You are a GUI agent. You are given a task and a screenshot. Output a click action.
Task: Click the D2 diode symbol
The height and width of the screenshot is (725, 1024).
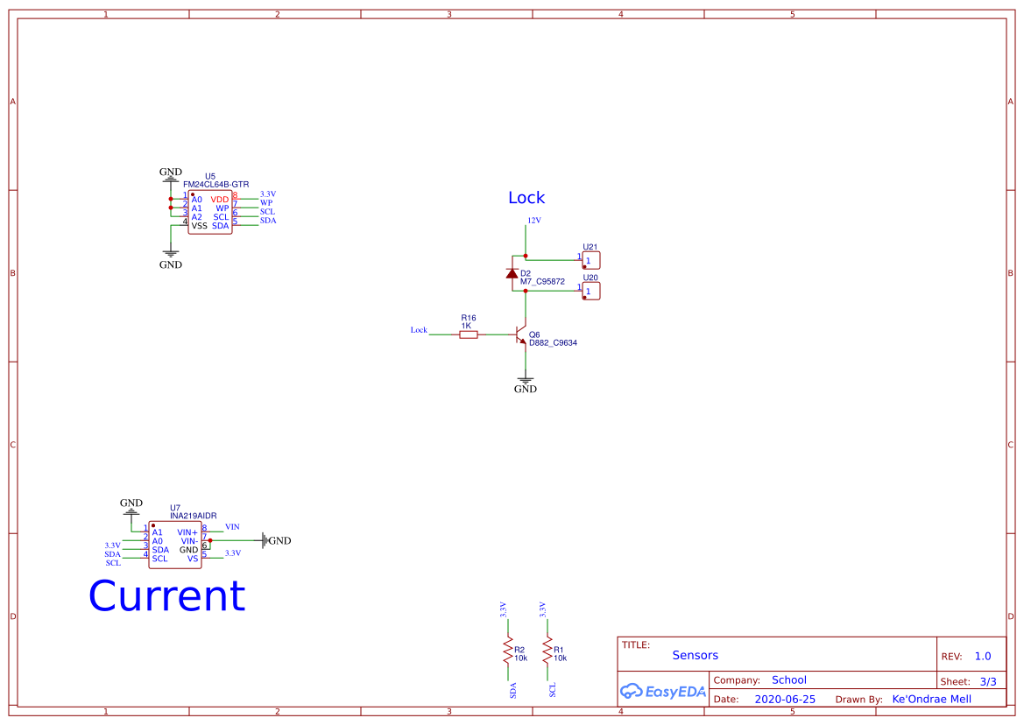[512, 273]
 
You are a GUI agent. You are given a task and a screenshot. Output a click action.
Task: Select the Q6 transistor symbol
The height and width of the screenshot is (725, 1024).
[521, 334]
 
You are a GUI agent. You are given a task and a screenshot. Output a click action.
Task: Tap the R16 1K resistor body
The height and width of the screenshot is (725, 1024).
[469, 334]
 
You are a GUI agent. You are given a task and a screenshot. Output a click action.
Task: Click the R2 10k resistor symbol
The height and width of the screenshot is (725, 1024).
[506, 651]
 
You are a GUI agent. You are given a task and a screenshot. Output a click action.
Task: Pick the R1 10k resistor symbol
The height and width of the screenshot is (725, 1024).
[547, 651]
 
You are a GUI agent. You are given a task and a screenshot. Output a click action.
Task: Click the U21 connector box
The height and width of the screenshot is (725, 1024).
[591, 260]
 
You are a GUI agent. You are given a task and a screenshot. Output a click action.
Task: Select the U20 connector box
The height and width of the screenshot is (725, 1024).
[591, 291]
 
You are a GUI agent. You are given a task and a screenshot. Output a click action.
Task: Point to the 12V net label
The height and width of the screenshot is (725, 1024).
[533, 221]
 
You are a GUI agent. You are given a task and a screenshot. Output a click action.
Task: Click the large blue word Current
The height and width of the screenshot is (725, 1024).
[166, 596]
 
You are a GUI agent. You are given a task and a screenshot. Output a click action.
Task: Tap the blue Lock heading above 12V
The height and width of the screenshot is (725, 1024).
[526, 198]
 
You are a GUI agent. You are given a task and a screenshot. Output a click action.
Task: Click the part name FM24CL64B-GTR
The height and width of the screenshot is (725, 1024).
[215, 185]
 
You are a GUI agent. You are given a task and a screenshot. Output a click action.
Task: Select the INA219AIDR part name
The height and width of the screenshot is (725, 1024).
[193, 516]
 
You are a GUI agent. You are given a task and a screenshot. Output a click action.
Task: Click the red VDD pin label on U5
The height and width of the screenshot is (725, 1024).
[219, 200]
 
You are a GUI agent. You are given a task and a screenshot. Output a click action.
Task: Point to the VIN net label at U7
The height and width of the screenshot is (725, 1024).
[232, 527]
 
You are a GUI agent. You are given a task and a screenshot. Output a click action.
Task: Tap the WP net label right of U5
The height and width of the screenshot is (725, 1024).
[266, 203]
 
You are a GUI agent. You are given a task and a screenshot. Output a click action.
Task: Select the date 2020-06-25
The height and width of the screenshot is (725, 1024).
[785, 700]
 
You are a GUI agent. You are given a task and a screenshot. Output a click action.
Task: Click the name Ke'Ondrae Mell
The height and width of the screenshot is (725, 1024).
[931, 700]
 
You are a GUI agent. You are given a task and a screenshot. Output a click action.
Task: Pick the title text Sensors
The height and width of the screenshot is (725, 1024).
[695, 655]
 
